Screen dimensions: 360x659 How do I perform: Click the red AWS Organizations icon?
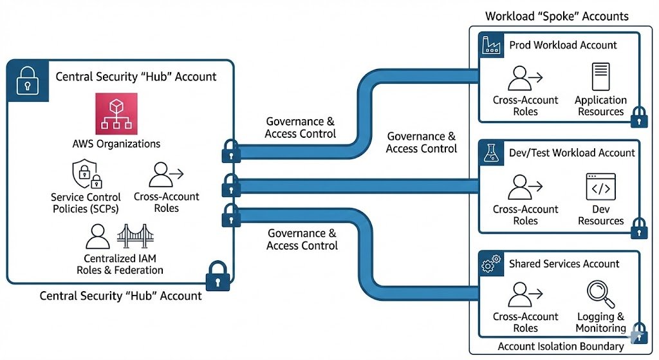coord(116,113)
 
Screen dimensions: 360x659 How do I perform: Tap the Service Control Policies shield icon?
coord(85,175)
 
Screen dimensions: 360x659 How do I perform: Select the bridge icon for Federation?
coord(136,236)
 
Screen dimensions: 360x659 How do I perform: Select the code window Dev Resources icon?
coord(600,187)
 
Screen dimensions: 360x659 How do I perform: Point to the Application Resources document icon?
coord(600,77)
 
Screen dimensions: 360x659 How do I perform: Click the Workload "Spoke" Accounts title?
coord(557,16)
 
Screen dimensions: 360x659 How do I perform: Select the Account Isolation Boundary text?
coord(561,346)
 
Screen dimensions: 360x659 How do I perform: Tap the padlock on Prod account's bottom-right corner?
coord(638,116)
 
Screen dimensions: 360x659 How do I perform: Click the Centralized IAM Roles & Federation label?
coord(120,265)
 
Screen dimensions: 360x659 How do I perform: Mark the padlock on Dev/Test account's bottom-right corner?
coord(638,227)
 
